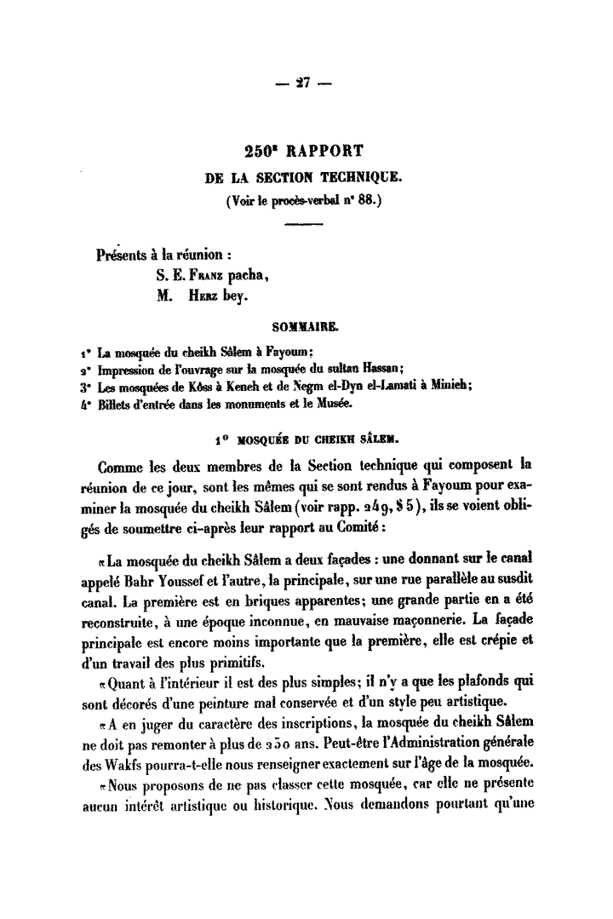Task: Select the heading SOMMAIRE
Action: (304, 325)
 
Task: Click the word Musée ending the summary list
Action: (344, 402)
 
